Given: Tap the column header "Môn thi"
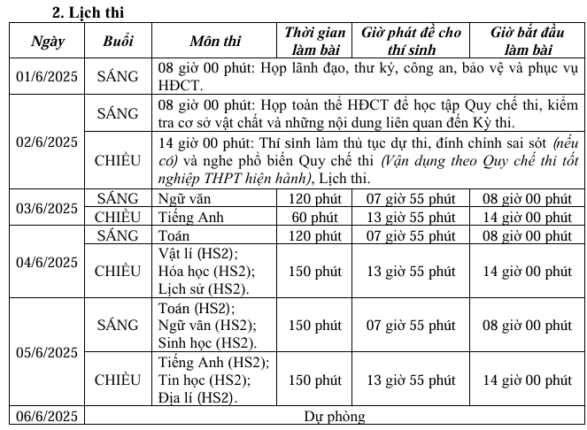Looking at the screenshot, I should [213, 41].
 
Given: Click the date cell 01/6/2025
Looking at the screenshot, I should [47, 76].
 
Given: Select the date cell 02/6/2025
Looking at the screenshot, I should [47, 140].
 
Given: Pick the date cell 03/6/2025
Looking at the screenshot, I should [47, 208].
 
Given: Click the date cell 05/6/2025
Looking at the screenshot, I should [47, 352].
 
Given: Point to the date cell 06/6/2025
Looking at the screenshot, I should [47, 416].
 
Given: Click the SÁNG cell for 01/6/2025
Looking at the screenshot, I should [118, 76].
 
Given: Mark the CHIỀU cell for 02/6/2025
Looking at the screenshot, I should [118, 160].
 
